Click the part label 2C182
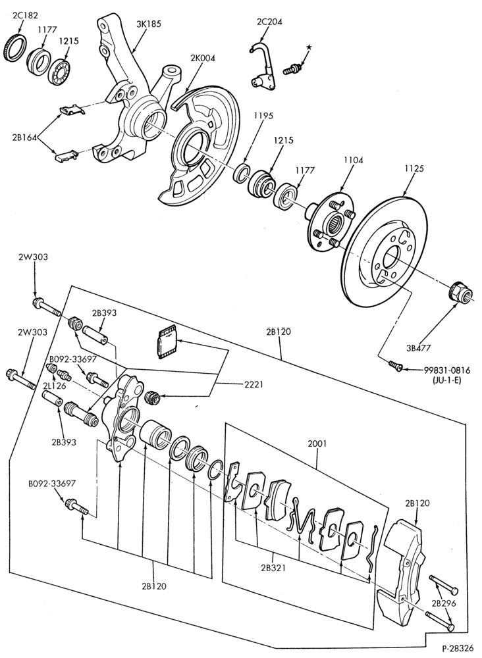[x=25, y=16]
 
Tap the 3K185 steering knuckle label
[x=149, y=24]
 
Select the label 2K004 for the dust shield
[x=203, y=59]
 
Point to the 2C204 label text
[x=269, y=22]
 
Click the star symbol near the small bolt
[x=309, y=47]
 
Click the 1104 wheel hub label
[x=353, y=160]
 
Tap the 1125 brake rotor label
[x=414, y=168]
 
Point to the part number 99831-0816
[x=446, y=370]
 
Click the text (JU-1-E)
[x=446, y=382]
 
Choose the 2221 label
[x=253, y=384]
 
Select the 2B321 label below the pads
[x=273, y=569]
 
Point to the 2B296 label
[x=444, y=604]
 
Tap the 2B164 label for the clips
[x=25, y=137]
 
